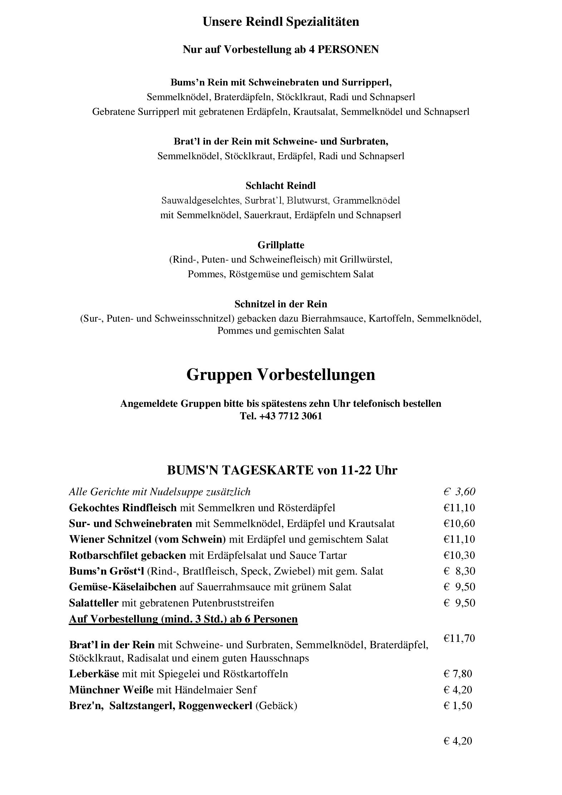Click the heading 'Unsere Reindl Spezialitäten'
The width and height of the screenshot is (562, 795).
point(281,22)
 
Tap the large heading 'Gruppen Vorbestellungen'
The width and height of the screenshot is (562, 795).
point(281,375)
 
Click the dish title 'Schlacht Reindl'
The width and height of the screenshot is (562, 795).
point(281,186)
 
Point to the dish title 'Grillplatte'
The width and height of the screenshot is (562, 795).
point(281,245)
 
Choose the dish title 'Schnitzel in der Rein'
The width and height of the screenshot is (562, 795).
point(281,304)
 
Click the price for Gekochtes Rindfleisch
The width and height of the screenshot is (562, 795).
point(459,508)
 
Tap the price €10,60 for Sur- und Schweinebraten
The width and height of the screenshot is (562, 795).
point(459,523)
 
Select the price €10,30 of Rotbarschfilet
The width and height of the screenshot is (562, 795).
point(459,555)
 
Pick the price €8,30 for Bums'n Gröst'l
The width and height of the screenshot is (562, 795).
point(459,571)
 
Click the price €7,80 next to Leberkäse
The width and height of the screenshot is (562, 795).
point(458,674)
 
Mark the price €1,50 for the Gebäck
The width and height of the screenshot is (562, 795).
point(458,706)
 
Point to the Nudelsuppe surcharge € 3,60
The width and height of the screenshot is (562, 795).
point(459,492)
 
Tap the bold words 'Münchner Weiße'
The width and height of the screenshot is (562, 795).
point(111,690)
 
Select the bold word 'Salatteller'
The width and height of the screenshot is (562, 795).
point(94,603)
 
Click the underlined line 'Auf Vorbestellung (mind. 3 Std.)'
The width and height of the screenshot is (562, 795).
point(183,619)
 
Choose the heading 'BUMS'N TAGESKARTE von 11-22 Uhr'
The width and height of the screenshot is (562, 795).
point(282,470)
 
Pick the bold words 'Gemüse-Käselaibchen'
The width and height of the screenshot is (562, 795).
point(123,587)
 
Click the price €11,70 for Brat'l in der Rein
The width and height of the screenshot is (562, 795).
point(459,638)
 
